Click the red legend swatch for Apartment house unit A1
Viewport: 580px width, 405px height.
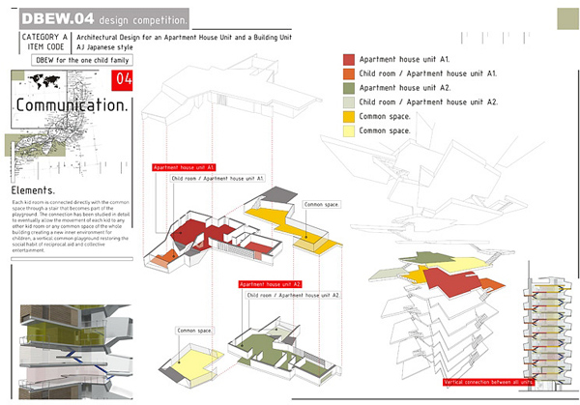click(x=349, y=60)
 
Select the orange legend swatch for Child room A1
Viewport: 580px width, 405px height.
click(x=349, y=74)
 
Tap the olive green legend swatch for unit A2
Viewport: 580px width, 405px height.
click(x=349, y=88)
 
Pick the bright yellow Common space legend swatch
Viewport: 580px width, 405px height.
click(x=349, y=116)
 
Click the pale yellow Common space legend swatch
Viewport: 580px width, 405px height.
click(x=349, y=130)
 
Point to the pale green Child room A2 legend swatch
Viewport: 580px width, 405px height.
click(x=349, y=102)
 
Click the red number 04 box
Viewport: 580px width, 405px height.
click(x=123, y=79)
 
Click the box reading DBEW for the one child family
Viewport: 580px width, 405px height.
click(x=80, y=60)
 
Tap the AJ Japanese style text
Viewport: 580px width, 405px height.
click(x=108, y=46)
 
